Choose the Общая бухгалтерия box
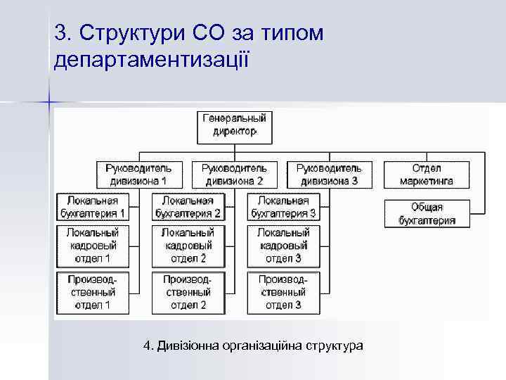426,214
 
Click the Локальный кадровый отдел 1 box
93,246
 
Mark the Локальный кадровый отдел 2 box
188,246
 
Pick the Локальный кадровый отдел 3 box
283,246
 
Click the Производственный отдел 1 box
93,292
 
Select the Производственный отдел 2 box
188,292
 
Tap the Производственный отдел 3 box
283,292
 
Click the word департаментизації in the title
151,59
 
